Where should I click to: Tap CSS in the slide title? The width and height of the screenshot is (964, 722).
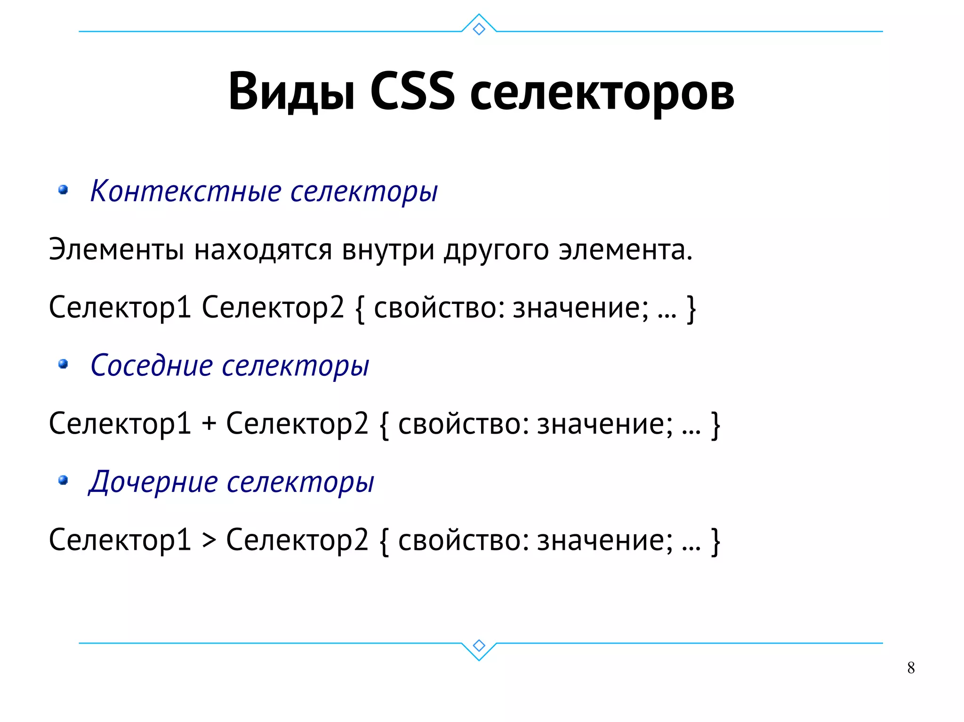(x=412, y=92)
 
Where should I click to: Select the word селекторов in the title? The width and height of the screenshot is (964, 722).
(x=602, y=94)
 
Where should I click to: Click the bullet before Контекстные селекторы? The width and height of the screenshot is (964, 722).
(x=63, y=190)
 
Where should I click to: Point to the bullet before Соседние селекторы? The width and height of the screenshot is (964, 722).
(x=63, y=364)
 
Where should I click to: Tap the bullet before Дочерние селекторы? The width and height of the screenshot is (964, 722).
(x=63, y=480)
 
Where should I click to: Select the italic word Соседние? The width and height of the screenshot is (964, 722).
(x=152, y=365)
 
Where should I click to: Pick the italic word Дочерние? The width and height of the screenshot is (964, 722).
(x=153, y=482)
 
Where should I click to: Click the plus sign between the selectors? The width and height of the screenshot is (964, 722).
(x=209, y=424)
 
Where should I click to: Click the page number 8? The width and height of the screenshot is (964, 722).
(x=911, y=668)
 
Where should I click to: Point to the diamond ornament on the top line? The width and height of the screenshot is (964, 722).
(x=479, y=29)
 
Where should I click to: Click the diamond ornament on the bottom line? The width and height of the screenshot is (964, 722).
(x=479, y=645)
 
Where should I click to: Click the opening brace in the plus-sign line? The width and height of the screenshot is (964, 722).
(x=384, y=425)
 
